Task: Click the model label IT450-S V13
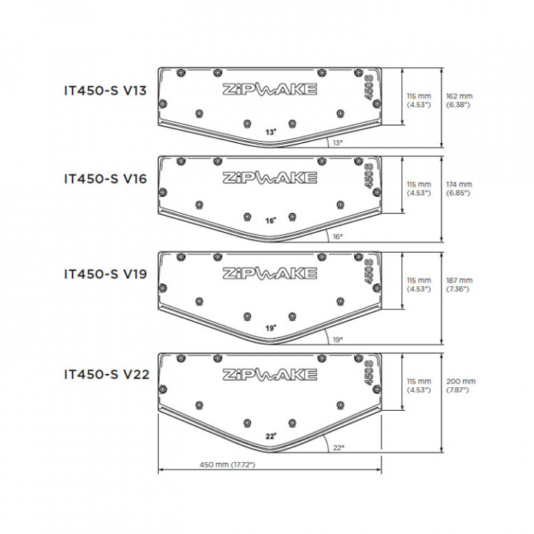click(x=105, y=90)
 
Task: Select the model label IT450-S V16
click(x=105, y=179)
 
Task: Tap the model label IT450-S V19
click(x=105, y=274)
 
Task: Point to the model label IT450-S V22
click(x=107, y=375)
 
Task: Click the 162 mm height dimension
click(x=459, y=100)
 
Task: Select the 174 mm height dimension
click(x=459, y=188)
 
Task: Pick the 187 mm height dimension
click(x=459, y=285)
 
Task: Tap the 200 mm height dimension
click(x=461, y=386)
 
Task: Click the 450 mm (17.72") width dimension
click(x=227, y=464)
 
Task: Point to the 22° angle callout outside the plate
click(x=338, y=447)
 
